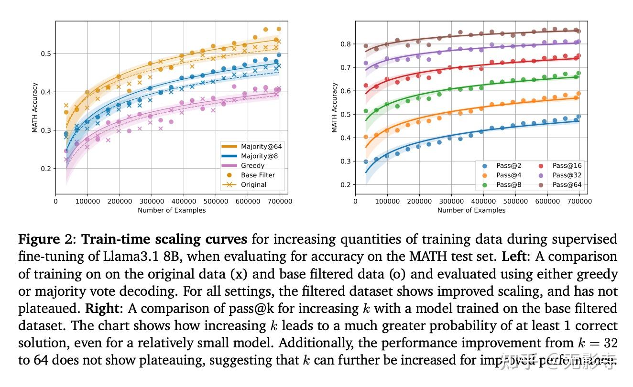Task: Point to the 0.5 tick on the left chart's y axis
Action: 47,54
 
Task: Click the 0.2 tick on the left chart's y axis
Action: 47,169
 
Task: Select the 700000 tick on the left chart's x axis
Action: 280,202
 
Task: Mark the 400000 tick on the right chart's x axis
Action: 483,202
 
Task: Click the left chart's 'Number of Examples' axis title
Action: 172,210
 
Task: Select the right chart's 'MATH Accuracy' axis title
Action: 334,107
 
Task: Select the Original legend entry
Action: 254,184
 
